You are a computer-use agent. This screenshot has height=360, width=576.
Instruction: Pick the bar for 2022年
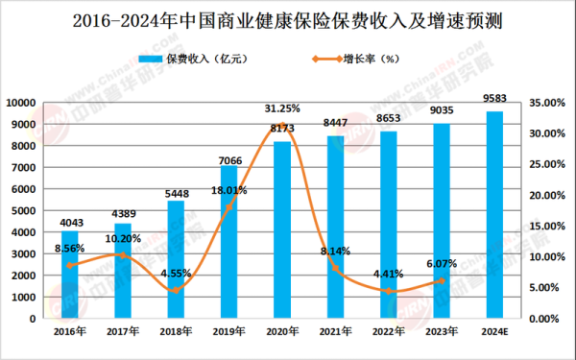tap(388, 225)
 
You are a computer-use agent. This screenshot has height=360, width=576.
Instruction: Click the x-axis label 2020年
tap(282, 330)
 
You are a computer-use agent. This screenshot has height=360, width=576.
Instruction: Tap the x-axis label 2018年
tap(177, 330)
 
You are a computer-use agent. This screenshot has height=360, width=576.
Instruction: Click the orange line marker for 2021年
tap(335, 268)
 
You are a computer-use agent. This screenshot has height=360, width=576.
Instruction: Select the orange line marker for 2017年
tap(123, 255)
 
